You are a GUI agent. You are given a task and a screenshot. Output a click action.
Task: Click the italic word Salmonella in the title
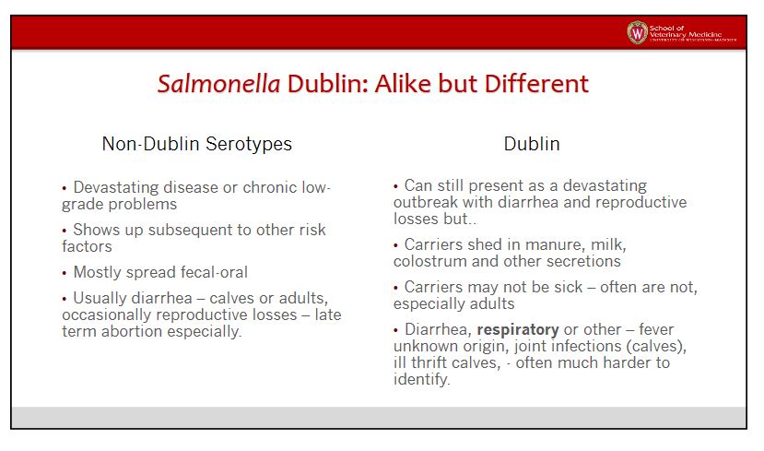218,83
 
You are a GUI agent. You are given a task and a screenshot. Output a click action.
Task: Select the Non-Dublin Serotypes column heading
197,144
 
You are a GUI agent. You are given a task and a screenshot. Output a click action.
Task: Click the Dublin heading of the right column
532,144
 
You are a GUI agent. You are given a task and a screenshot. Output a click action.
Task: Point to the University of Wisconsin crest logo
637,32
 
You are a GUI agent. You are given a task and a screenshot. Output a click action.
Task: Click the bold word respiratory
517,330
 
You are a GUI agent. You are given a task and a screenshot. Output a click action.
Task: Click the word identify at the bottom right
420,380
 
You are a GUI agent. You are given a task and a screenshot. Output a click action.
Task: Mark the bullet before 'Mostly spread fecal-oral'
65,273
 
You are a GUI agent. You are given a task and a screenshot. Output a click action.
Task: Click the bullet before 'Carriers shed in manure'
395,245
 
